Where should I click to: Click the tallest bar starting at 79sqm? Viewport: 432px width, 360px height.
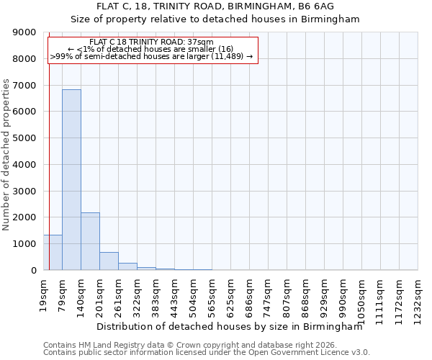click(x=71, y=180)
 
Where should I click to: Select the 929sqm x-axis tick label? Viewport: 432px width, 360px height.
click(x=325, y=292)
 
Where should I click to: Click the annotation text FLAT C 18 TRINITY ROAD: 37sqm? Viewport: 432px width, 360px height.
click(x=152, y=42)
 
